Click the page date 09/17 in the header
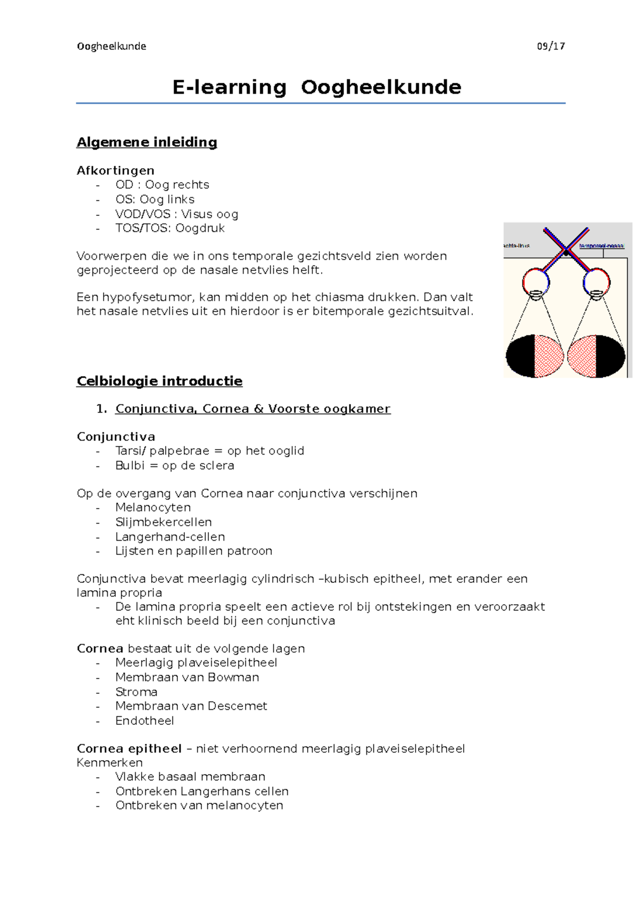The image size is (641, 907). point(551,46)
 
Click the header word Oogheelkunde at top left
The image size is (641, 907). point(111,46)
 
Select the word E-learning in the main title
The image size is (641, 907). point(229,87)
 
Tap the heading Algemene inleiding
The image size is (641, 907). point(146,142)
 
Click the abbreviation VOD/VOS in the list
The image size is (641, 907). point(143,214)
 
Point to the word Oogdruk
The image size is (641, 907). point(200,228)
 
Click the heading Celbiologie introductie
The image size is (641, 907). point(159,381)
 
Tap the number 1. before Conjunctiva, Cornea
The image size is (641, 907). point(101,409)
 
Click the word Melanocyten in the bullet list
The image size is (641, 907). point(153,507)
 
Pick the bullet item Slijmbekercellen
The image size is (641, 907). point(163,522)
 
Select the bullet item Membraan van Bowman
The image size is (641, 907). point(187,677)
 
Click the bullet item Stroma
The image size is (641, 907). point(136,692)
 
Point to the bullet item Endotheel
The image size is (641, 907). point(144,721)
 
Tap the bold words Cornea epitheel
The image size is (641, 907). point(129,749)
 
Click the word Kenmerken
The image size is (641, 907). point(110,763)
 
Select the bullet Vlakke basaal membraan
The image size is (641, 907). point(190,777)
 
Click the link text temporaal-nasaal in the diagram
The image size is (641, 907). point(601,246)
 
